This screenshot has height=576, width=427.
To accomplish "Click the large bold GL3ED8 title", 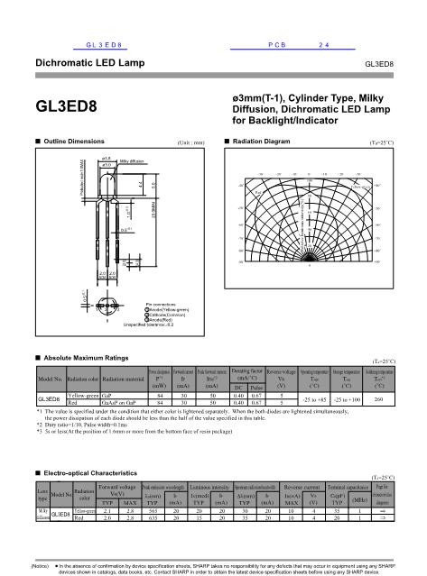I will (x=65, y=106).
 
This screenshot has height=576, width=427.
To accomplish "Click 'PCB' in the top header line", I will (x=278, y=42).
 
